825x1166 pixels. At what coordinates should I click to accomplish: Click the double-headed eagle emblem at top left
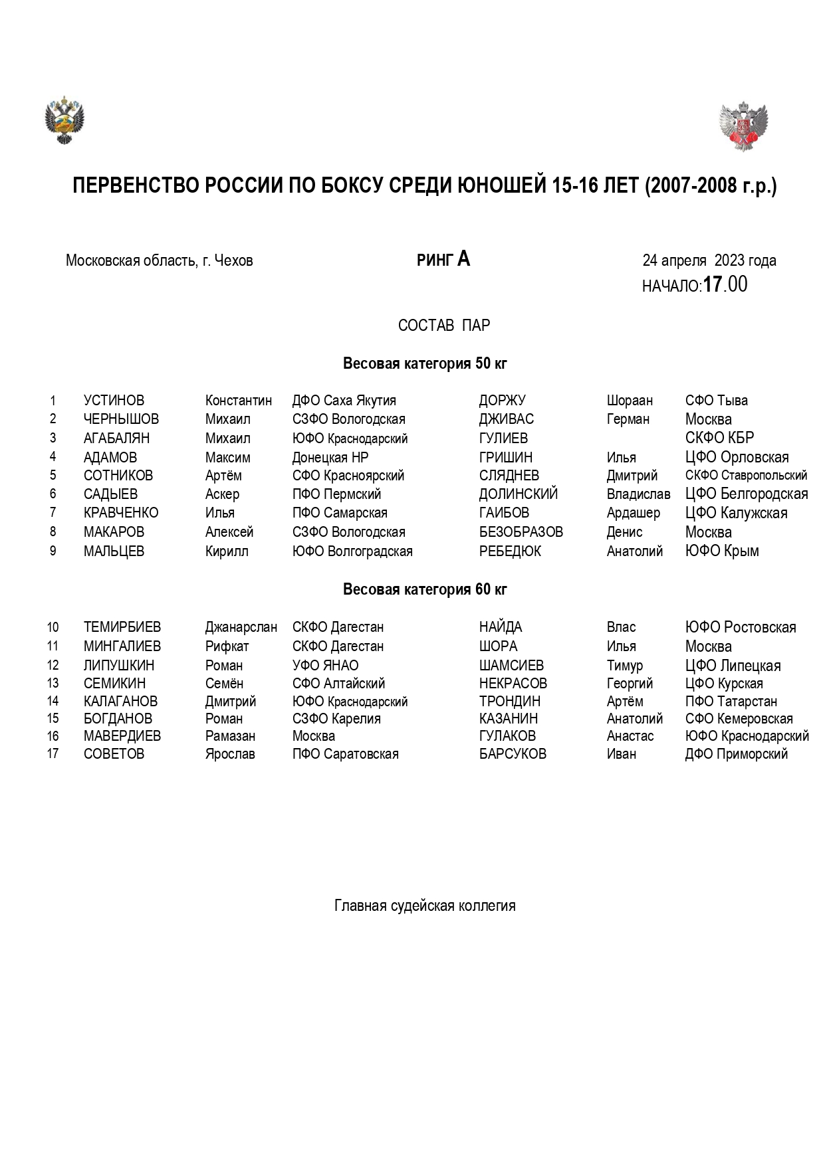coord(64,120)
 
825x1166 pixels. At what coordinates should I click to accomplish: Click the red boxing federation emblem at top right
coord(743,126)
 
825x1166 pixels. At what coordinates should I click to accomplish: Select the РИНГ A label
coord(443,259)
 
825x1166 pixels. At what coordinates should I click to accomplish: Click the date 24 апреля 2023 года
coord(709,260)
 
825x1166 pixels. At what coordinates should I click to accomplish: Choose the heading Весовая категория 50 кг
coord(425,363)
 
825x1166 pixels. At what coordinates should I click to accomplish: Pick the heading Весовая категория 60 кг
coord(425,589)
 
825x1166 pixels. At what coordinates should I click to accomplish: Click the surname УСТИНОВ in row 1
coord(114,401)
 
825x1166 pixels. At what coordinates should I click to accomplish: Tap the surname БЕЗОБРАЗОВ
coord(521,532)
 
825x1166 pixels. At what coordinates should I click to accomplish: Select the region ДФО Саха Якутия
coord(344,401)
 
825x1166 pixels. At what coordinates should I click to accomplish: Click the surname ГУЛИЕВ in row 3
coord(503,438)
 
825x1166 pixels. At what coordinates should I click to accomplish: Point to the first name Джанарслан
coord(241,627)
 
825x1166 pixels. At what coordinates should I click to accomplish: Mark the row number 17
coord(53,754)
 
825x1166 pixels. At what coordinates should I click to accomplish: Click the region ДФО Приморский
coord(736,754)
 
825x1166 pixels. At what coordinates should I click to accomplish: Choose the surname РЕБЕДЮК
coord(510,551)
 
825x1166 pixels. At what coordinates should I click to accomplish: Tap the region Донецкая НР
coord(330,458)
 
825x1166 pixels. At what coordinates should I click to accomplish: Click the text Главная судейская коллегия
coord(425,906)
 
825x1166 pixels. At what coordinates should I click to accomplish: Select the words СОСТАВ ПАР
coord(443,326)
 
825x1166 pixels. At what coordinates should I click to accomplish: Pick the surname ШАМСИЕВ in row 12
coord(511,666)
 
